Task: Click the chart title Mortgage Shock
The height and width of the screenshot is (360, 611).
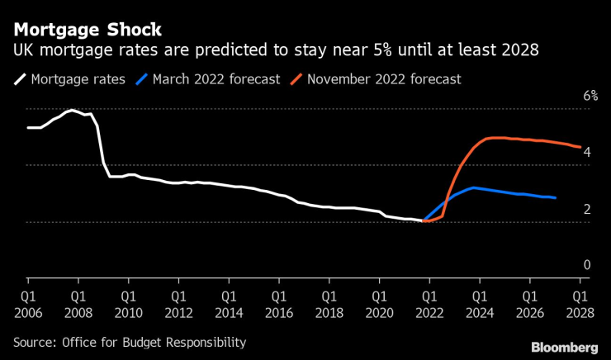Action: click(x=87, y=30)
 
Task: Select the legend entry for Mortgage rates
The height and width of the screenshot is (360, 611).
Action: click(x=71, y=80)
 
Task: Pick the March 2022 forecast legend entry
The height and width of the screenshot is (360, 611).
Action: click(x=211, y=80)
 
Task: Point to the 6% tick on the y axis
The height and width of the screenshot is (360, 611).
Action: click(x=590, y=97)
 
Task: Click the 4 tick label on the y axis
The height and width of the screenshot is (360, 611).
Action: click(x=587, y=153)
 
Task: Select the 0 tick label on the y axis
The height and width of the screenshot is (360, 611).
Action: click(x=587, y=265)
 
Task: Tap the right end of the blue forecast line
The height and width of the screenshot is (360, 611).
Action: click(x=555, y=198)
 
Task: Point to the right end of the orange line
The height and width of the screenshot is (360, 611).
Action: click(x=580, y=148)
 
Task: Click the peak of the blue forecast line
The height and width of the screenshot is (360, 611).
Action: click(x=472, y=187)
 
